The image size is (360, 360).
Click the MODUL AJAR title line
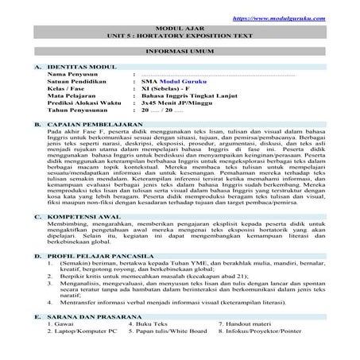[x=179, y=27]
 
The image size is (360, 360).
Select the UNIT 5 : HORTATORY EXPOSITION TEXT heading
[x=179, y=36]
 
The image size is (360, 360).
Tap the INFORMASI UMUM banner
[x=179, y=49]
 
